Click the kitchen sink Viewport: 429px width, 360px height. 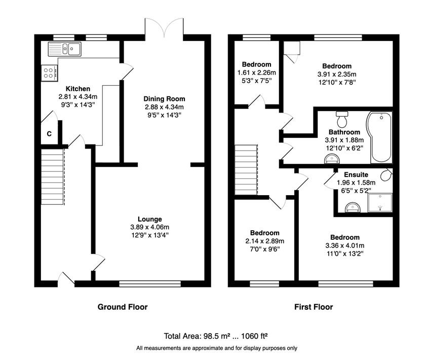coord(64,49)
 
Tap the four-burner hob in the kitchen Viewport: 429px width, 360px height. coord(50,73)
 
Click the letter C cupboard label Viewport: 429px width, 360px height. coord(49,134)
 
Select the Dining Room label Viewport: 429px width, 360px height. coord(164,99)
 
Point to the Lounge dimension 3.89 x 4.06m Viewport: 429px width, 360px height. coord(149,227)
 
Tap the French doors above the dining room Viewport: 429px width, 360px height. coord(164,27)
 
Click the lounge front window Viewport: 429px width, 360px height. coord(150,284)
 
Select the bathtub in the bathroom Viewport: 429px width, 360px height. coord(379,137)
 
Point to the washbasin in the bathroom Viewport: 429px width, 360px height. coord(332,159)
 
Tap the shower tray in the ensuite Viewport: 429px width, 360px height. coord(380,203)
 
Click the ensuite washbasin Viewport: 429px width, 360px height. coord(353,207)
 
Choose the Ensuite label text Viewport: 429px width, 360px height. coord(356,175)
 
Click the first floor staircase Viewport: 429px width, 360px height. coord(246,170)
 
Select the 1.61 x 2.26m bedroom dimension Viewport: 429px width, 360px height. coord(256,73)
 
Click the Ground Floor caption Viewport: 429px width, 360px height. coord(123,307)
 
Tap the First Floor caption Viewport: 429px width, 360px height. coord(314,307)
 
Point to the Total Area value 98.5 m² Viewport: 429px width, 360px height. coord(216,336)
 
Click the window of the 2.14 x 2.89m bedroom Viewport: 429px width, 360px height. coord(264,284)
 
